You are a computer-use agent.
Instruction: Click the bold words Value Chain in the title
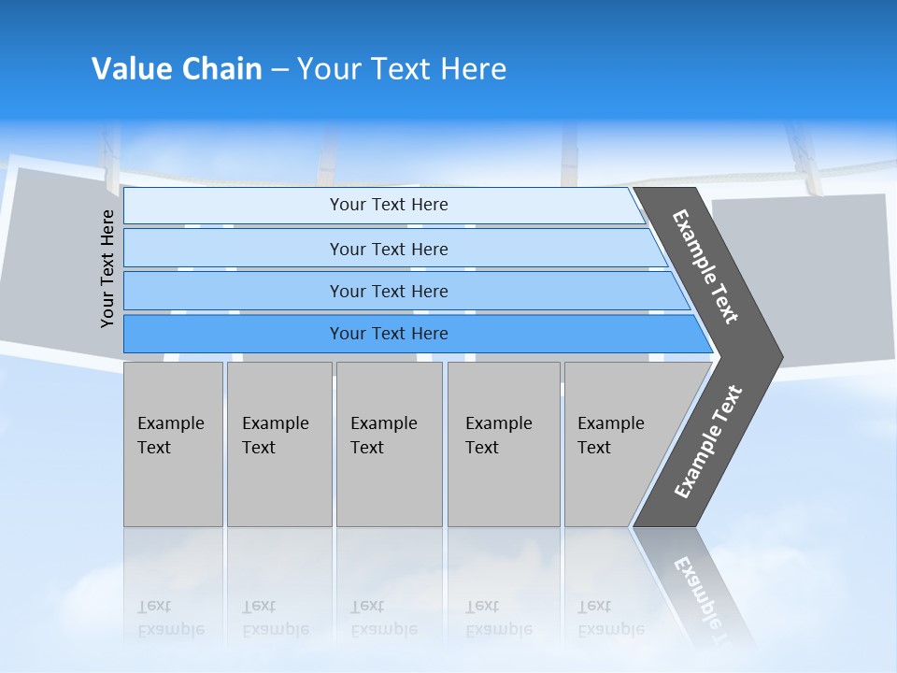(177, 69)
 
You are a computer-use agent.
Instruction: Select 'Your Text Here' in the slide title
(402, 69)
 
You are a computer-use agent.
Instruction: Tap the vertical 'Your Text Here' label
(108, 268)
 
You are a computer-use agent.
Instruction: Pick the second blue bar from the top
(388, 249)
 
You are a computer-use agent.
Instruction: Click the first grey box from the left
(173, 444)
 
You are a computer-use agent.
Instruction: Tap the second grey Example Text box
(279, 444)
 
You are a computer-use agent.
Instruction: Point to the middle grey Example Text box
(389, 444)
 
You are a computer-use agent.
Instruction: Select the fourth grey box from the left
(504, 444)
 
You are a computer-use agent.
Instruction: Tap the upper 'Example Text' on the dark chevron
(705, 266)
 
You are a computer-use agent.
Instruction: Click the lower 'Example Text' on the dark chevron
(708, 442)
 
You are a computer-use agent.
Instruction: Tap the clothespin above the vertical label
(110, 159)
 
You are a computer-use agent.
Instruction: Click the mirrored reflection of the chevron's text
(701, 598)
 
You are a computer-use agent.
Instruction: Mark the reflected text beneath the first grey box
(170, 618)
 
